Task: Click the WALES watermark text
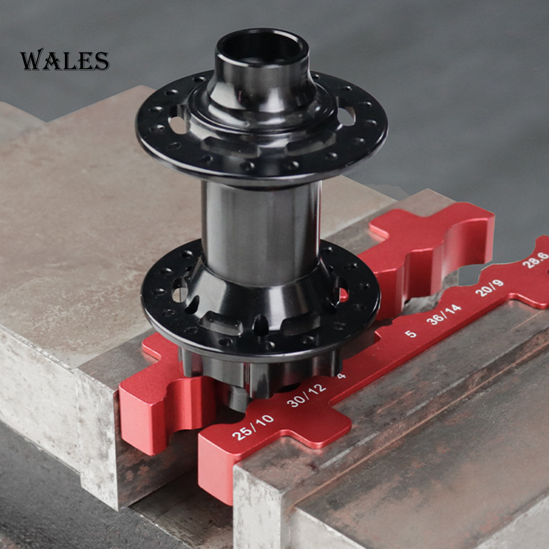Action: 64,60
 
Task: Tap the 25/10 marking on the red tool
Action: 253,427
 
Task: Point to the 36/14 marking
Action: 443,314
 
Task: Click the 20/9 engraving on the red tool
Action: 489,288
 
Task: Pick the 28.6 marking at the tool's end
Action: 536,260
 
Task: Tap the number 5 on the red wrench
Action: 411,333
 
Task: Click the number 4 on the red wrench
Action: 342,376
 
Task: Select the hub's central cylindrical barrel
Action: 261,231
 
